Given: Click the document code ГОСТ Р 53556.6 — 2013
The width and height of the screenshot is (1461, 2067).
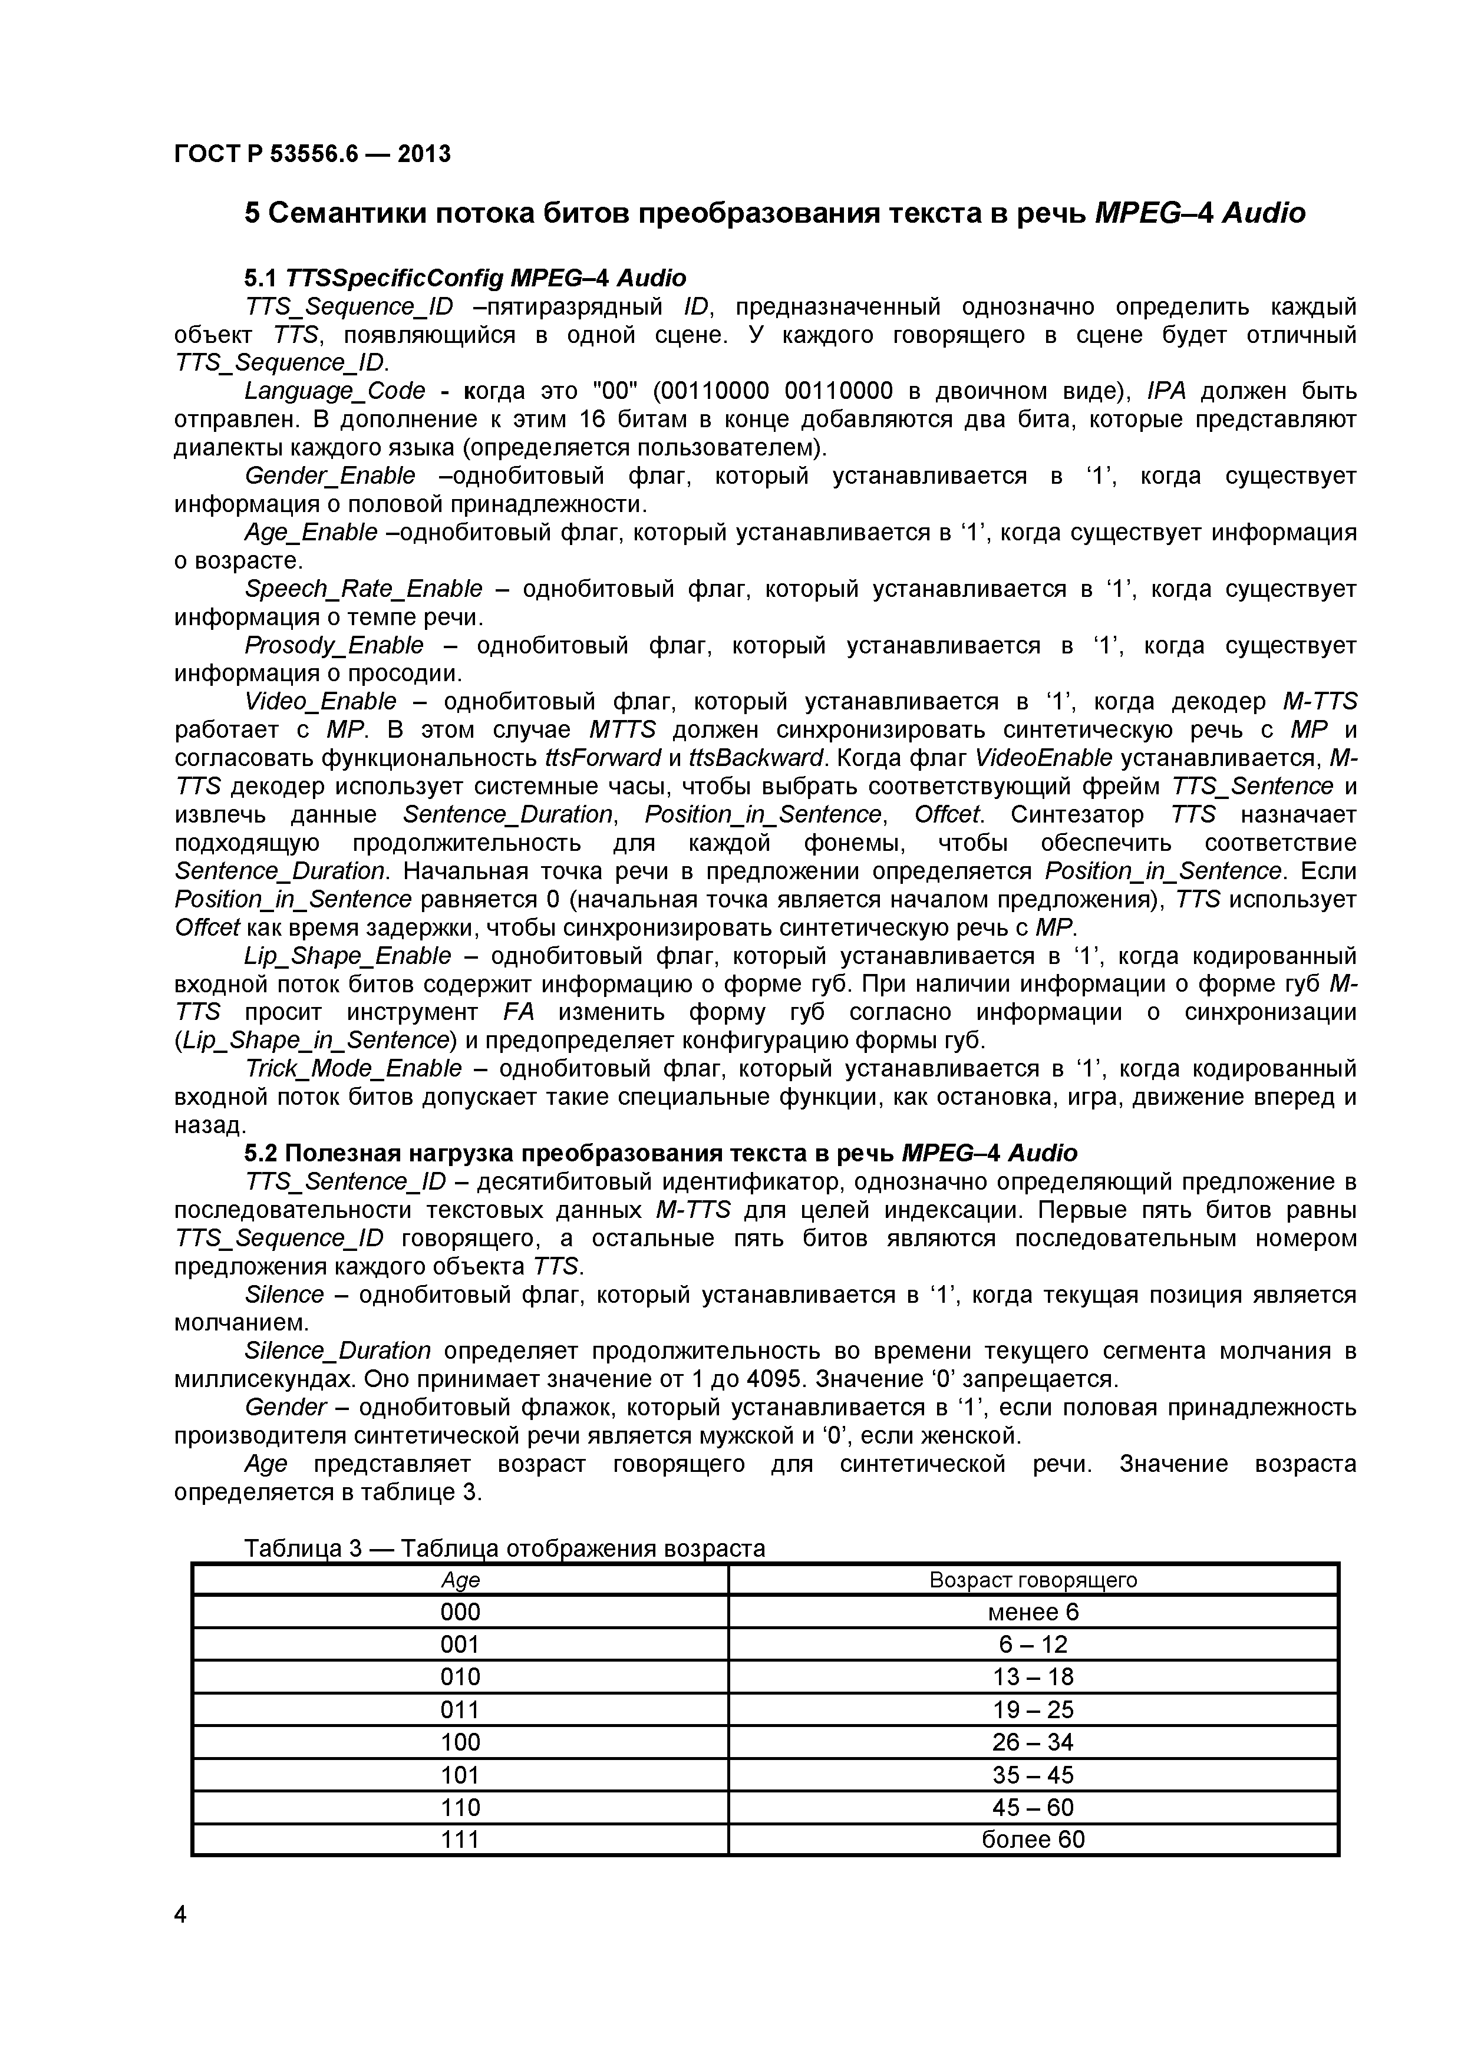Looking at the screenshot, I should tap(311, 154).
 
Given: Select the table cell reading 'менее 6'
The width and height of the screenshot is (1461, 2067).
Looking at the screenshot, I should tap(1033, 1612).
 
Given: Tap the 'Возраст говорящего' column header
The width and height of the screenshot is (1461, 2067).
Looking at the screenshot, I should tap(1033, 1580).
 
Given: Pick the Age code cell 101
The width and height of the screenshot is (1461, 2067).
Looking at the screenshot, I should tap(460, 1774).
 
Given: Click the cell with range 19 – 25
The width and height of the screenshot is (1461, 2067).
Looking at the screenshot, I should tap(1033, 1709).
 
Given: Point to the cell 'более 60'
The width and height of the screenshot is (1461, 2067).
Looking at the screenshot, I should tap(1033, 1839).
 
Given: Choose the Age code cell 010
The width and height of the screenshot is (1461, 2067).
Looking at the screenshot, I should tap(460, 1676).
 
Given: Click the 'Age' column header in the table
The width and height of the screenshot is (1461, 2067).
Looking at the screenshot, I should tap(460, 1580).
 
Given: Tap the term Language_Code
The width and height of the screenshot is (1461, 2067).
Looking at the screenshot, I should tap(335, 391).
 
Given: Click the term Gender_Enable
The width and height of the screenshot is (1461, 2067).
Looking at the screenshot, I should tap(331, 476).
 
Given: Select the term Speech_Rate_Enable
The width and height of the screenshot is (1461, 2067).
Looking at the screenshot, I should tap(364, 589).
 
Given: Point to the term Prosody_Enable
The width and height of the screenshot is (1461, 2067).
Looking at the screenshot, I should tap(334, 645).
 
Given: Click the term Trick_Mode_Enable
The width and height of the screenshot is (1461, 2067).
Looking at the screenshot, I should tap(354, 1069).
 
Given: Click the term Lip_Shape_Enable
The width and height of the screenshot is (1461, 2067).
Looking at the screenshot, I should tap(348, 955).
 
